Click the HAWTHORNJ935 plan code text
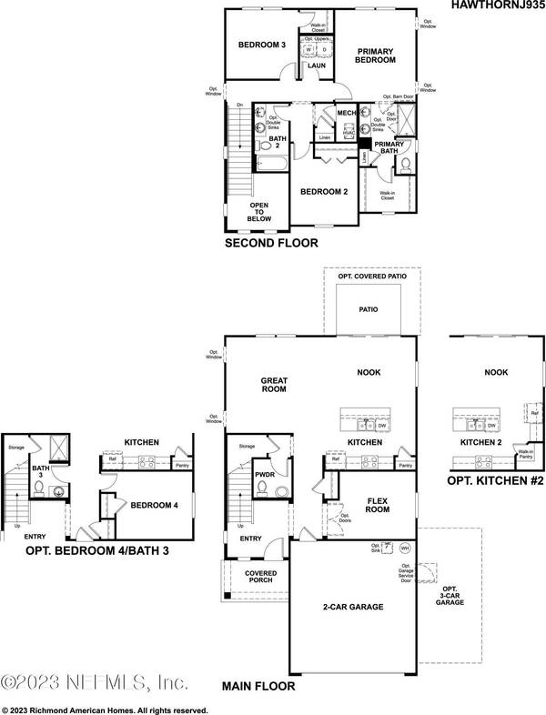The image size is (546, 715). click(x=497, y=5)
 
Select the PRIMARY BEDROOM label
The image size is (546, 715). click(x=375, y=55)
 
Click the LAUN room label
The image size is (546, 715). click(x=317, y=65)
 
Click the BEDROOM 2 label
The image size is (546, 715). click(x=325, y=192)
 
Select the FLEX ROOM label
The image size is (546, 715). click(x=378, y=505)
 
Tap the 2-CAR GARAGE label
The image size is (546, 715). click(x=352, y=606)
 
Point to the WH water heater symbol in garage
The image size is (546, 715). click(x=406, y=549)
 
